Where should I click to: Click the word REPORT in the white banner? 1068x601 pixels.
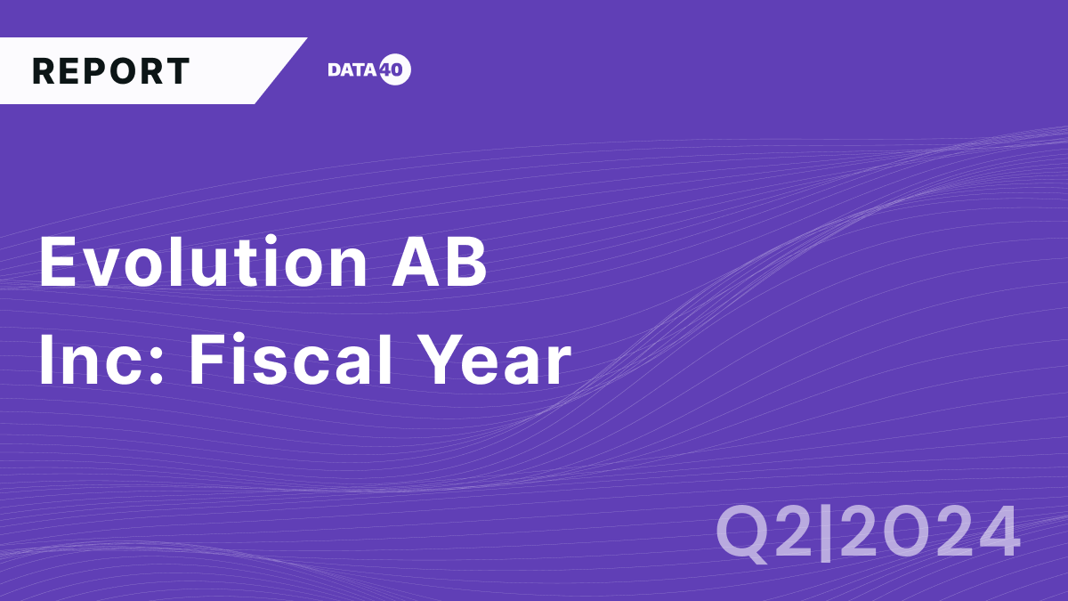(x=111, y=71)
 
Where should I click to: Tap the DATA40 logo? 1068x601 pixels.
(x=368, y=70)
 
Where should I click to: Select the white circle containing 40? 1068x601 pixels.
(x=394, y=70)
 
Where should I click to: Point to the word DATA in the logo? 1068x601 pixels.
(x=353, y=70)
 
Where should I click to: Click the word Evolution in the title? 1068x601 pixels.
(x=202, y=264)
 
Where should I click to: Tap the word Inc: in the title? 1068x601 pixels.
(x=102, y=361)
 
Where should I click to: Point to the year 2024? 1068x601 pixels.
(x=931, y=532)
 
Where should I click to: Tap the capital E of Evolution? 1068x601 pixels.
(x=56, y=264)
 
